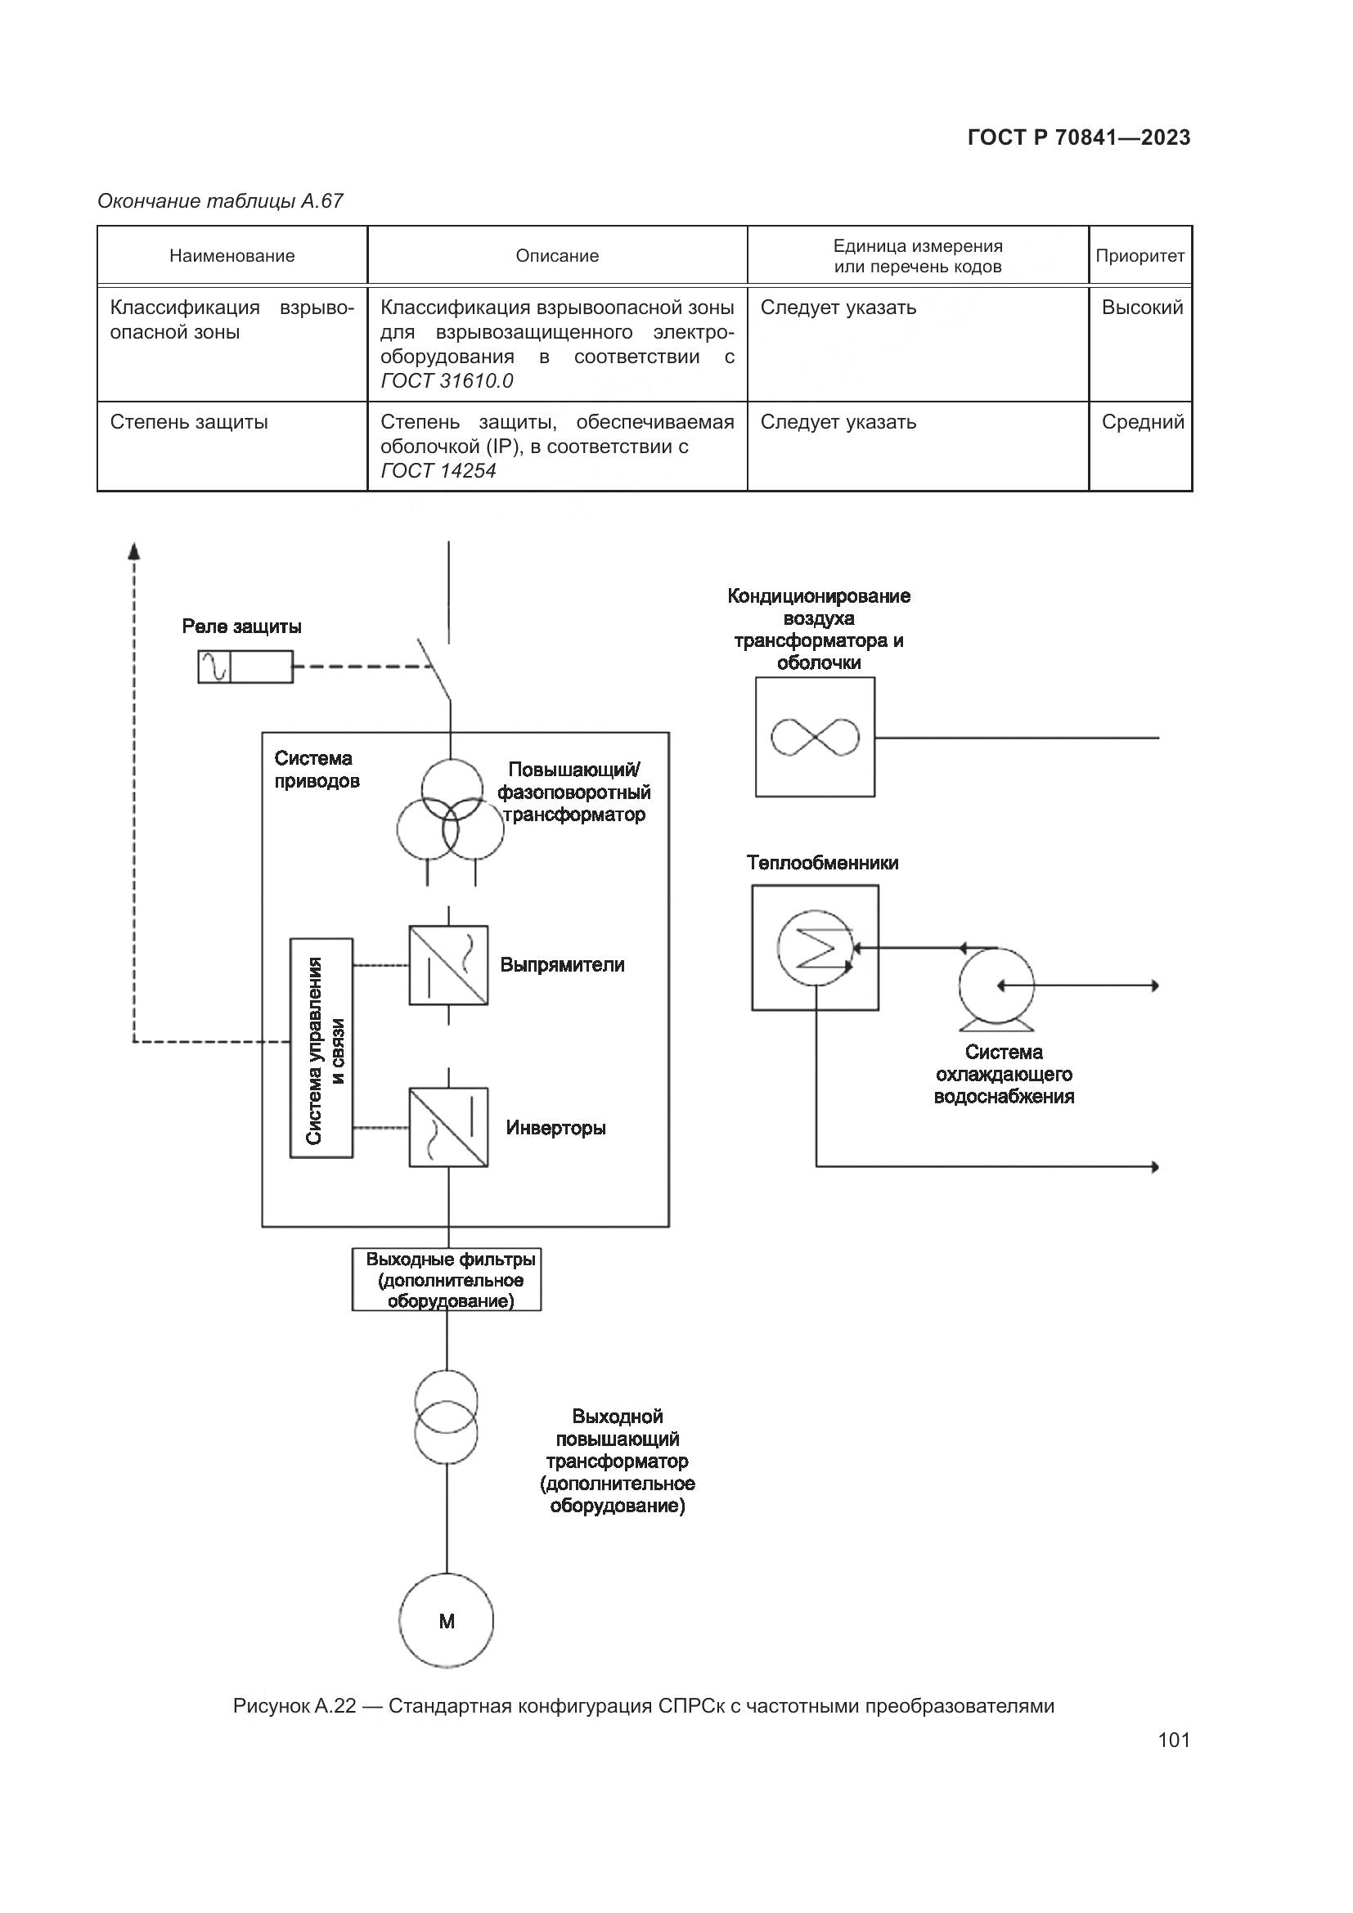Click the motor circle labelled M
[x=447, y=1620]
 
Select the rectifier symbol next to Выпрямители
[x=448, y=965]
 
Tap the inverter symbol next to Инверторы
[x=448, y=1126]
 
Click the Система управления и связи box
[x=321, y=1048]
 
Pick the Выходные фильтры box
[x=447, y=1280]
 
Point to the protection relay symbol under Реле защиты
[x=245, y=667]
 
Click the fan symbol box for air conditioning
[x=815, y=738]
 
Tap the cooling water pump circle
[x=996, y=986]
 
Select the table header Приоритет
[x=1139, y=256]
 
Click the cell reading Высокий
[x=1142, y=308]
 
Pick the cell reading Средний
[x=1142, y=422]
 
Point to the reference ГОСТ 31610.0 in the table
[x=447, y=382]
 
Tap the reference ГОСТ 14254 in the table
[x=438, y=472]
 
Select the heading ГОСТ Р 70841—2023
[x=1079, y=138]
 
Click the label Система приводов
[x=317, y=770]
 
